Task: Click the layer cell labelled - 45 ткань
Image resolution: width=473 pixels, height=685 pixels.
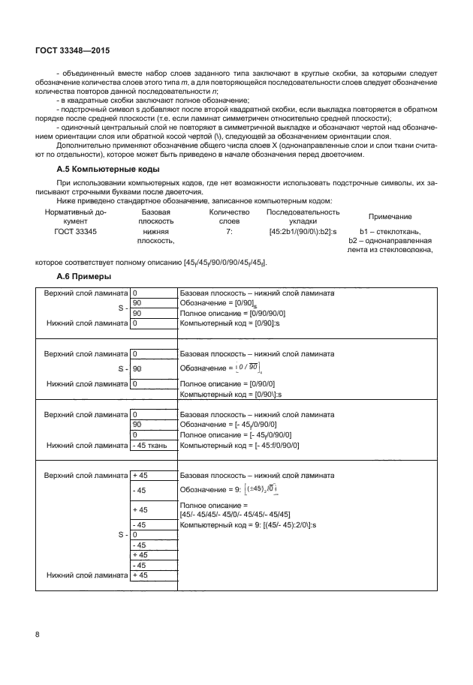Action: (x=153, y=445)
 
